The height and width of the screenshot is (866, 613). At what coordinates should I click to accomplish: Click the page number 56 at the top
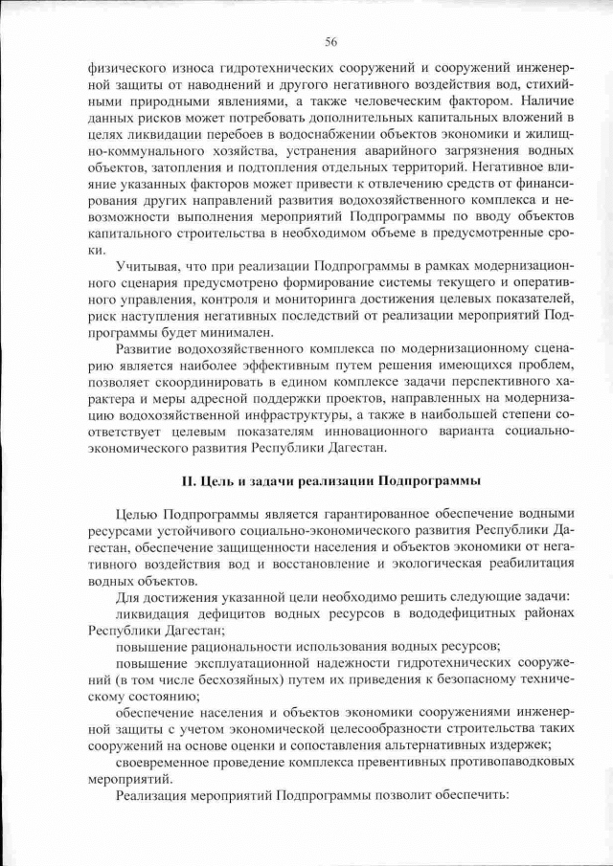point(330,41)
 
